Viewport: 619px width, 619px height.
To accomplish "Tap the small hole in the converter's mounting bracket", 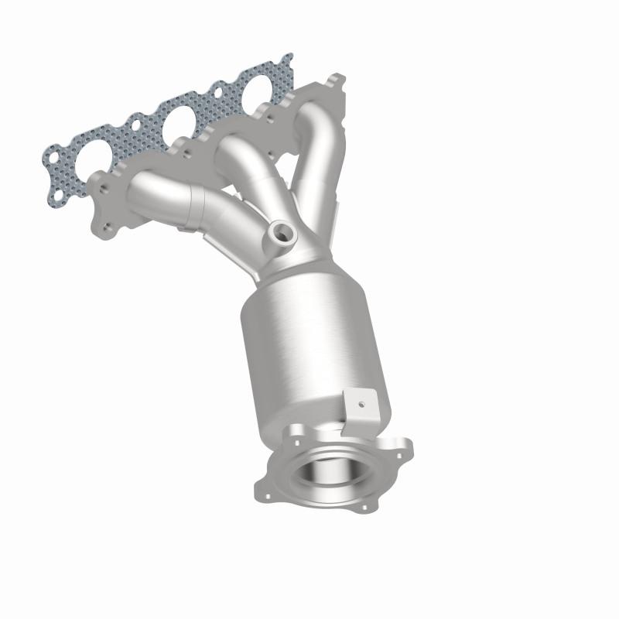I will [358, 403].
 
